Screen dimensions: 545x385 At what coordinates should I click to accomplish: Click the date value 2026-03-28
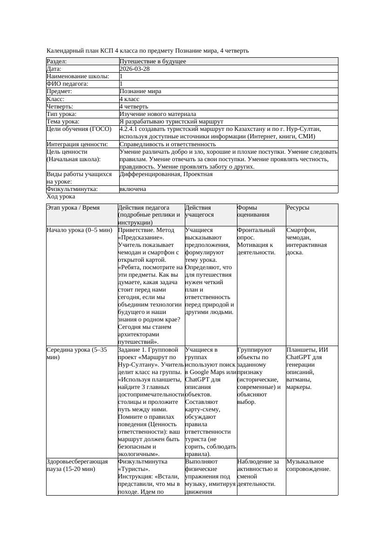click(135, 69)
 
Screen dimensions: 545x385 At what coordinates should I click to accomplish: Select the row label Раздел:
click(57, 61)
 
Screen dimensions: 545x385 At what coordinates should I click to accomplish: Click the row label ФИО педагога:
click(68, 84)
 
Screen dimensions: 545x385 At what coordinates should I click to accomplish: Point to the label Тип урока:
click(61, 114)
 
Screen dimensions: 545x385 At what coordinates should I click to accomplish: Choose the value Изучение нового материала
click(158, 114)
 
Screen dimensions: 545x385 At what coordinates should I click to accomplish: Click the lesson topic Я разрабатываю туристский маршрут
click(171, 122)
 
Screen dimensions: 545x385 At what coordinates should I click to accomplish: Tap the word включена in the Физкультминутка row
click(133, 189)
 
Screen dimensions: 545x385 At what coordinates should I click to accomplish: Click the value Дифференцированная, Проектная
click(166, 174)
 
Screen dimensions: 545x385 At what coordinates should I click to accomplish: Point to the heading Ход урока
click(61, 197)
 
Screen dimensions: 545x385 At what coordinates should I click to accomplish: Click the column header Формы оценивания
click(252, 211)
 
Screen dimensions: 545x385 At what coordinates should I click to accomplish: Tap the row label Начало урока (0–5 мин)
click(79, 230)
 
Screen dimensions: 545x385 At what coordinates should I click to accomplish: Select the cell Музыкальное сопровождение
click(309, 465)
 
